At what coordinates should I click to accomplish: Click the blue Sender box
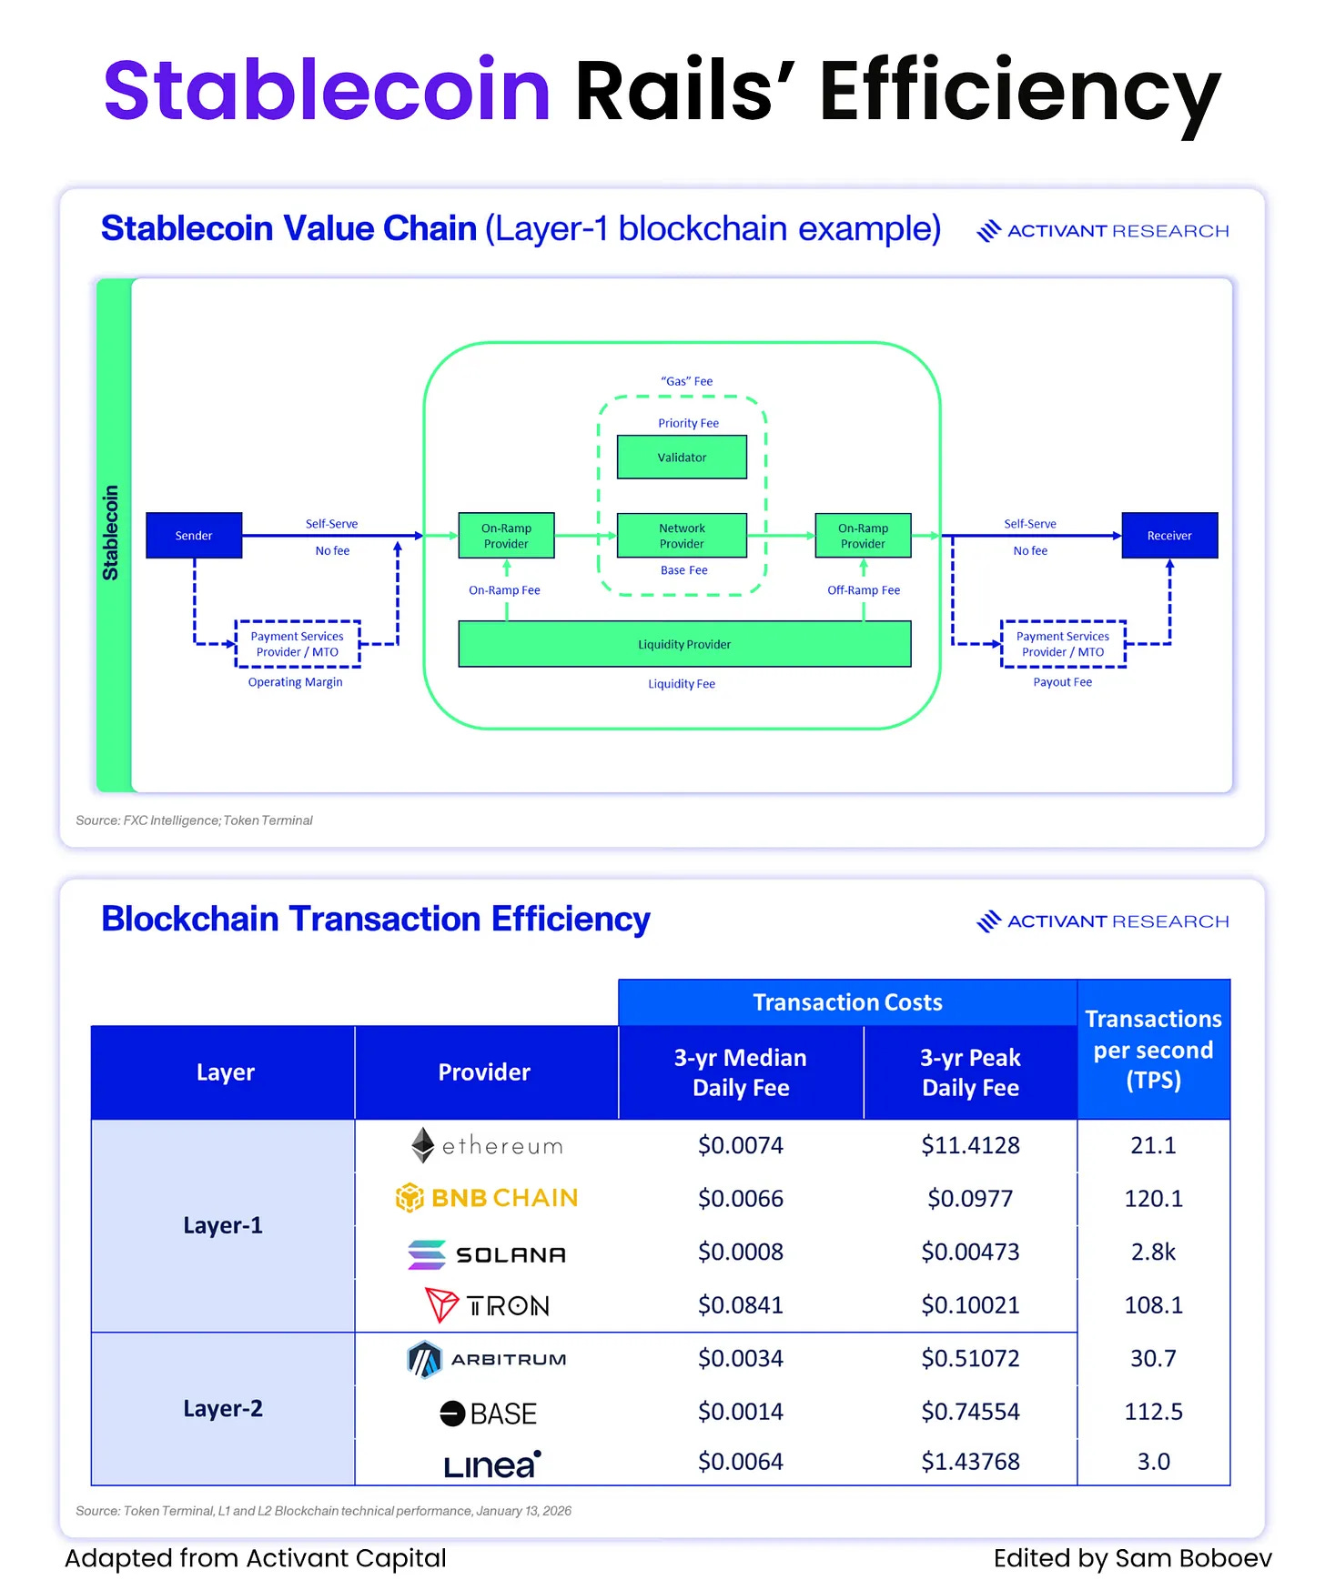(x=194, y=536)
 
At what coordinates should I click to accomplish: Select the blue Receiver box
(x=1169, y=536)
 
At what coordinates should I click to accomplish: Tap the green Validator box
(x=682, y=458)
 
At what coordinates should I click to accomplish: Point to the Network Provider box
(x=682, y=536)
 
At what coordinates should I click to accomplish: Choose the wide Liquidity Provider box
(x=684, y=644)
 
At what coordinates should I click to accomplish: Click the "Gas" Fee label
(x=687, y=381)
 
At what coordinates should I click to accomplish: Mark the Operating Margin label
(x=296, y=682)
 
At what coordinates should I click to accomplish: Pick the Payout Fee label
(x=1062, y=682)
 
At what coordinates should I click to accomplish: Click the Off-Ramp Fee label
(x=864, y=590)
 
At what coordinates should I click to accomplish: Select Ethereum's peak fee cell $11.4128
(x=970, y=1145)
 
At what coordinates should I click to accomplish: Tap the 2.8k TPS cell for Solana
(x=1153, y=1253)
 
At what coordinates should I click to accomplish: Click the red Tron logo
(x=441, y=1305)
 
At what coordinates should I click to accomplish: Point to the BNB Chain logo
(x=410, y=1198)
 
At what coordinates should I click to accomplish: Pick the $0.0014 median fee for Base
(x=741, y=1412)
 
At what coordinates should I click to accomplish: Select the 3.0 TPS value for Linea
(x=1153, y=1462)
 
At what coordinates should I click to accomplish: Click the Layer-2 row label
(x=223, y=1409)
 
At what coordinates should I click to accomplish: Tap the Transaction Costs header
(x=847, y=1002)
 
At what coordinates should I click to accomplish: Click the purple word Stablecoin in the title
(x=328, y=90)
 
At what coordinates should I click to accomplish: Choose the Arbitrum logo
(x=424, y=1359)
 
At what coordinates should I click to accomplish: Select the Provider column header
(x=484, y=1072)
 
